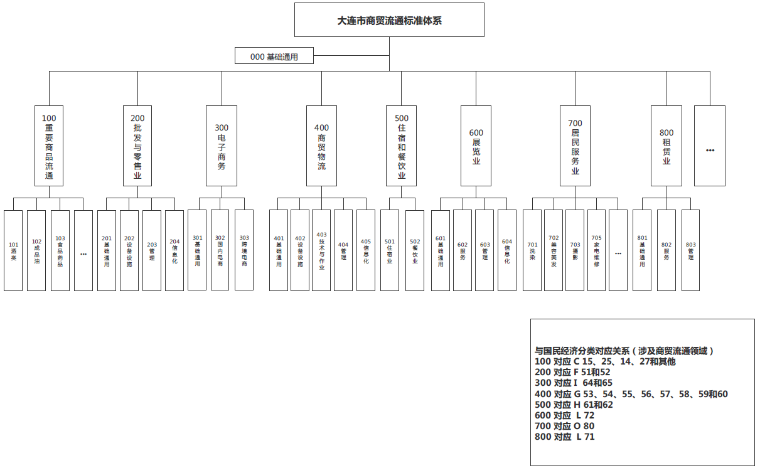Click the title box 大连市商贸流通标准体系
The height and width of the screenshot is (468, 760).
(389, 20)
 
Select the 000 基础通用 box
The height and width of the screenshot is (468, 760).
(274, 56)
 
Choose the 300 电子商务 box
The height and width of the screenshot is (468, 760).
(222, 146)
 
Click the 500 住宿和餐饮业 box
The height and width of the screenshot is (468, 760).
(402, 146)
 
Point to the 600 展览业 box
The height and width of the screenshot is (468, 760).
(476, 146)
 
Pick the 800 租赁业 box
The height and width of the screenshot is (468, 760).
(666, 146)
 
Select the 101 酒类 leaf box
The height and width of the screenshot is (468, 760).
(13, 250)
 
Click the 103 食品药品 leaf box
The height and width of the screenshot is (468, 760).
(60, 250)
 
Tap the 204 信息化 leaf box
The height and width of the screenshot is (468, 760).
(174, 250)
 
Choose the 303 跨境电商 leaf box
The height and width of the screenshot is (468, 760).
(244, 250)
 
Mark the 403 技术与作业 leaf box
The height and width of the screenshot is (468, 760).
(321, 250)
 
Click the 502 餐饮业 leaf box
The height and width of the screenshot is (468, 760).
(415, 250)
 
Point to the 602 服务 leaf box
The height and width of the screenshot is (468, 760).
(463, 250)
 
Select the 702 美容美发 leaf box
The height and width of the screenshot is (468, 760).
(554, 250)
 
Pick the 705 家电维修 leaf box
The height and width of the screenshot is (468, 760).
(596, 250)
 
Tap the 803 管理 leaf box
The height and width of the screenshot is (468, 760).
(690, 250)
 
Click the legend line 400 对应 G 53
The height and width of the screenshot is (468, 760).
(631, 394)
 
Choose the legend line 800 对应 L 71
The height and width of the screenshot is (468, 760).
(564, 437)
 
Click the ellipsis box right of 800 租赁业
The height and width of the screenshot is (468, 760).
(710, 146)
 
